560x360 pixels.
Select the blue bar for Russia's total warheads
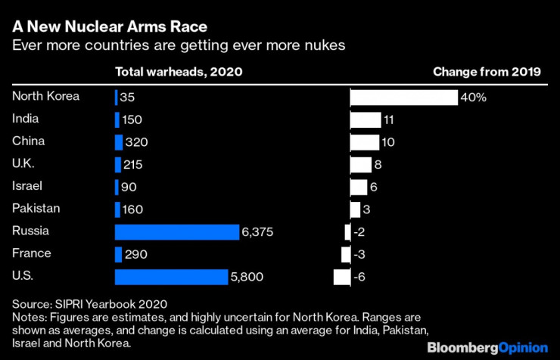177,232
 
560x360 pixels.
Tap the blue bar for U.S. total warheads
171,277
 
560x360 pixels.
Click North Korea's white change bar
404,98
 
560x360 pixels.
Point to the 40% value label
474,98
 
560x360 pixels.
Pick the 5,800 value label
247,277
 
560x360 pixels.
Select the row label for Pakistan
36,208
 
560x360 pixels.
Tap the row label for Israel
27,185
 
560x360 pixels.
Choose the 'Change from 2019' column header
487,73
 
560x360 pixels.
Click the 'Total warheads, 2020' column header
179,73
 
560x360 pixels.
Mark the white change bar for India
366,119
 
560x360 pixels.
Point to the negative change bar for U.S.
342,277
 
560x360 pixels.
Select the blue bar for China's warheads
118,142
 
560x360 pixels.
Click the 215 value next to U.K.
132,165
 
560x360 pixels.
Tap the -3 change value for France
361,254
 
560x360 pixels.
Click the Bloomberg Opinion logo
487,347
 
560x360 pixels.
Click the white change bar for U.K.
361,165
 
